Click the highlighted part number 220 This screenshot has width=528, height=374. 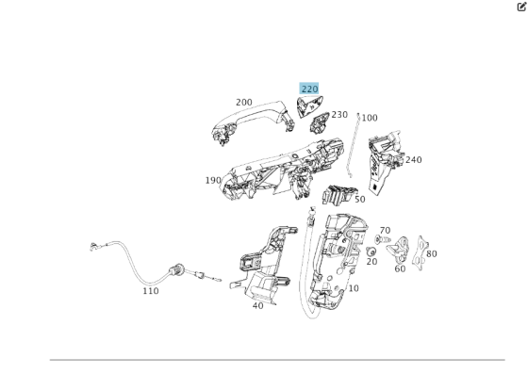(x=309, y=89)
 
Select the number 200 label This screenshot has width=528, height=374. (x=243, y=103)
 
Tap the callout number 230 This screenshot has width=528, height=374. (x=339, y=115)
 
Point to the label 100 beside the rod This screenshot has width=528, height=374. (x=370, y=118)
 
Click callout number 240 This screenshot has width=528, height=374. (x=413, y=160)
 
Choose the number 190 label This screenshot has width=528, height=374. (x=213, y=180)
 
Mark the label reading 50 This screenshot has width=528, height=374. (x=359, y=200)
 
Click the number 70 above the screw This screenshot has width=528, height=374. (x=384, y=231)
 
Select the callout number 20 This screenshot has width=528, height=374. (x=371, y=262)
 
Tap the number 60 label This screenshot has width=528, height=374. (x=400, y=269)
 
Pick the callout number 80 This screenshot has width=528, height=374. (x=431, y=253)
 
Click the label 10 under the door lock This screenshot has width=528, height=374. (x=353, y=288)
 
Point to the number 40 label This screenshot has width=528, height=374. (x=257, y=306)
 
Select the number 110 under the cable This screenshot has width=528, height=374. (x=151, y=291)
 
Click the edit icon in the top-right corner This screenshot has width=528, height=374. (x=520, y=7)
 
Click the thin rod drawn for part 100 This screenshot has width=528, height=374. (x=354, y=146)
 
